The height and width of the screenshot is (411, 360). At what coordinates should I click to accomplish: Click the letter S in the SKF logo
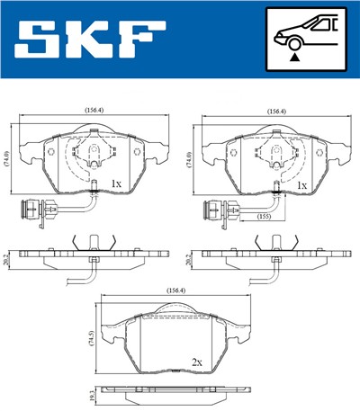38,40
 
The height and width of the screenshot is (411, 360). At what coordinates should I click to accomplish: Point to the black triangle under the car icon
295,57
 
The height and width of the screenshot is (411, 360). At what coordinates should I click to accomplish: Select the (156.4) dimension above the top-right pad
277,112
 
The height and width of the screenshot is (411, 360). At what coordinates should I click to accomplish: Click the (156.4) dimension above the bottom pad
176,290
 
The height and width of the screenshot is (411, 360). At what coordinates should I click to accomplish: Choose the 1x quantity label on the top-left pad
115,183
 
